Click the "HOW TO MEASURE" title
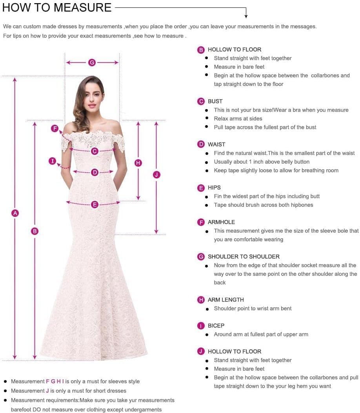[57, 7]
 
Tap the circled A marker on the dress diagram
[15, 213]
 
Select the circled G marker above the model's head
[92, 62]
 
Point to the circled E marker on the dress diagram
[95, 204]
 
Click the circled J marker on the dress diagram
[156, 175]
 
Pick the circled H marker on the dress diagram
[138, 163]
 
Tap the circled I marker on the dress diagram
[53, 161]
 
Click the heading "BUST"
[215, 101]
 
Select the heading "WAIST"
[216, 144]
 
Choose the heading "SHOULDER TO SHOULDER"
[244, 257]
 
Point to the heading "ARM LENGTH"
[225, 300]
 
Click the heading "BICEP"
[216, 326]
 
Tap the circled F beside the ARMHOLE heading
[201, 222]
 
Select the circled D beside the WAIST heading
[201, 145]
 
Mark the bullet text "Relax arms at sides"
[238, 118]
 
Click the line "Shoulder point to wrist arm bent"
[253, 308]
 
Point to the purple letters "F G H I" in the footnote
[55, 381]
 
